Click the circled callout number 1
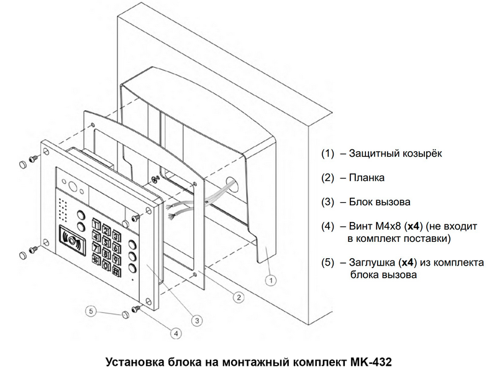pyautogui.click(x=271, y=280)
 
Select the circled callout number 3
pyautogui.click(x=196, y=320)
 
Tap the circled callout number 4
pyautogui.click(x=176, y=334)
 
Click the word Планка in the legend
pyautogui.click(x=367, y=178)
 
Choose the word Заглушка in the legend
pyautogui.click(x=372, y=262)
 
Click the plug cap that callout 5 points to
pyautogui.click(x=127, y=314)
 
